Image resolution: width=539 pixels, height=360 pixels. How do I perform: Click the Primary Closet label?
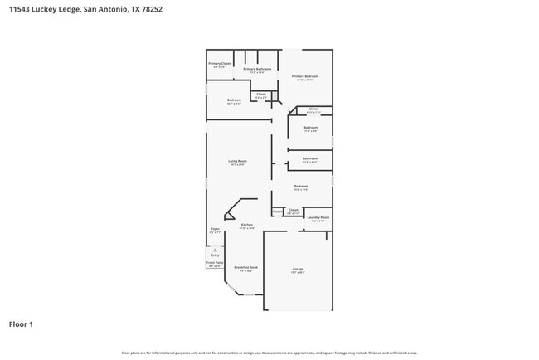click(219, 63)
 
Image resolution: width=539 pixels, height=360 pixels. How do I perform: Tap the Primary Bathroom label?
click(257, 69)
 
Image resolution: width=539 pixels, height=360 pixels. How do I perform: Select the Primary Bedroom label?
click(305, 77)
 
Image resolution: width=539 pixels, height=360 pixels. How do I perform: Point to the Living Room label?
click(238, 161)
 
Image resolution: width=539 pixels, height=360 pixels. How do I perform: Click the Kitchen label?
click(246, 225)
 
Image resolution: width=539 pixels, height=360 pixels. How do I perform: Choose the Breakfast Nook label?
click(245, 267)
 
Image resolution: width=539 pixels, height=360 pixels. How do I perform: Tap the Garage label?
click(298, 269)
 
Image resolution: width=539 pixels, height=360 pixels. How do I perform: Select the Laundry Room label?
click(318, 217)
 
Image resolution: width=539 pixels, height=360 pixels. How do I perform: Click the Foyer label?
click(215, 228)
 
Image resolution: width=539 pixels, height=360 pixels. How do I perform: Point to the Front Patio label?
click(214, 263)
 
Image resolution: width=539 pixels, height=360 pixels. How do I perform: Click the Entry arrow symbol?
click(215, 249)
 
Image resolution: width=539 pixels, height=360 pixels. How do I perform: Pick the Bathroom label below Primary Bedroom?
click(309, 158)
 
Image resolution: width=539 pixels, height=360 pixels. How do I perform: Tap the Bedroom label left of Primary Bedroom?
click(234, 100)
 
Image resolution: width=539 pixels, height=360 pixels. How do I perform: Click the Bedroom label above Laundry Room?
click(300, 187)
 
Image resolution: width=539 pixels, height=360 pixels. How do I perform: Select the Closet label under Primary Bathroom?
click(260, 94)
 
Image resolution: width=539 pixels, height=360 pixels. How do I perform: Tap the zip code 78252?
click(151, 9)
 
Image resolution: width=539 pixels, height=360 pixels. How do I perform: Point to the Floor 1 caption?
click(21, 324)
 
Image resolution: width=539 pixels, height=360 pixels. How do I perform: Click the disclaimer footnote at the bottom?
click(269, 353)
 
